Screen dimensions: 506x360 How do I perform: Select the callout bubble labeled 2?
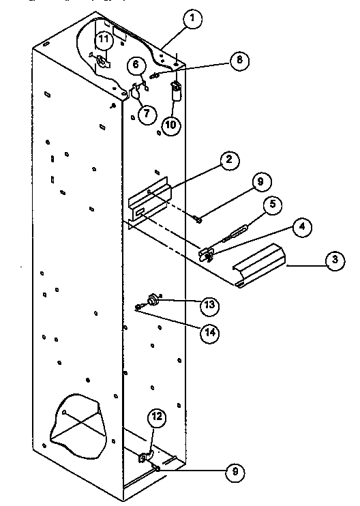click(x=229, y=161)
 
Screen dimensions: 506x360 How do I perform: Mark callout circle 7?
click(x=146, y=113)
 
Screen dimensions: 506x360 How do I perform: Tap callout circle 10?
click(x=172, y=125)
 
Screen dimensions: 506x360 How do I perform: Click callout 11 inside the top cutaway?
click(x=103, y=40)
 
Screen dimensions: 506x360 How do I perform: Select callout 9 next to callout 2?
click(x=262, y=182)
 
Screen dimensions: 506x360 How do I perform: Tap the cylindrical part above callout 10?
click(x=176, y=91)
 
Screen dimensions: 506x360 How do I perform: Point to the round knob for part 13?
click(x=153, y=299)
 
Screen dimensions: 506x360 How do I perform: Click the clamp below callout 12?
click(x=146, y=458)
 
